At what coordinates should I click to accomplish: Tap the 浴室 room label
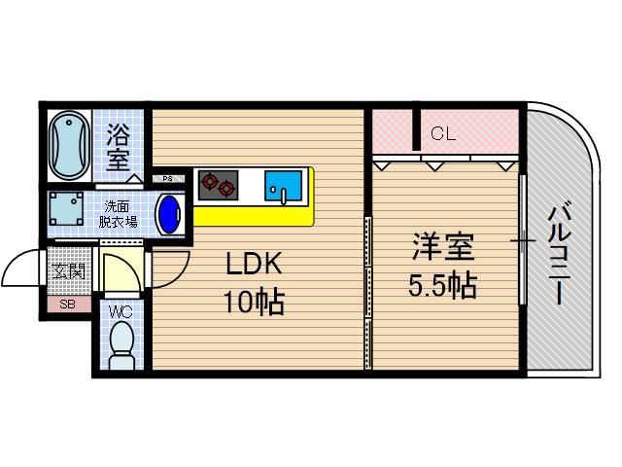pyautogui.click(x=119, y=147)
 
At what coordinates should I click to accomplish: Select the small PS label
pyautogui.click(x=167, y=178)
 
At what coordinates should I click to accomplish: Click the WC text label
pyautogui.click(x=121, y=311)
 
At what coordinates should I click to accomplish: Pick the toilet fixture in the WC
pyautogui.click(x=121, y=345)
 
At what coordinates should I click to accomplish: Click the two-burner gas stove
pyautogui.click(x=218, y=184)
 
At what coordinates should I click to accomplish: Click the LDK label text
pyautogui.click(x=255, y=264)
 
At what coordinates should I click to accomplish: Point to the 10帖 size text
pyautogui.click(x=255, y=302)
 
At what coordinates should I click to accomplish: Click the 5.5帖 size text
pyautogui.click(x=442, y=286)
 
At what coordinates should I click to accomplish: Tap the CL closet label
pyautogui.click(x=443, y=134)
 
